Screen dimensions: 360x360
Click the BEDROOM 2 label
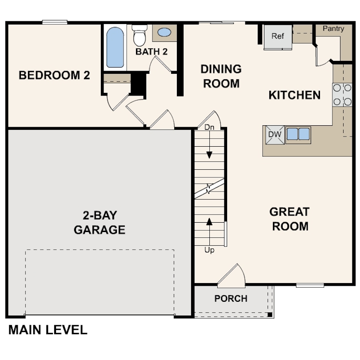tap(54, 75)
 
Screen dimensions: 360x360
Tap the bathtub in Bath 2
tap(115, 47)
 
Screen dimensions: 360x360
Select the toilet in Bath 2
tap(140, 35)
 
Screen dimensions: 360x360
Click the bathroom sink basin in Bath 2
tap(164, 32)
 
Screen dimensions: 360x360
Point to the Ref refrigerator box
tap(278, 36)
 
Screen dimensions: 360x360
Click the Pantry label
tap(333, 28)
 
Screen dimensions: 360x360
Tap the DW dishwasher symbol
tap(273, 135)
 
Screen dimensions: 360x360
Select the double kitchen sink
tap(298, 134)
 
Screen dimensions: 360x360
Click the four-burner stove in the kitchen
tap(342, 95)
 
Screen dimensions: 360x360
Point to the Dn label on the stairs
tap(209, 128)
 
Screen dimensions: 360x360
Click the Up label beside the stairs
tap(209, 250)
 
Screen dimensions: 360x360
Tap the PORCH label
tap(231, 299)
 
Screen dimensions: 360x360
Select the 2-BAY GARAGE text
tap(100, 223)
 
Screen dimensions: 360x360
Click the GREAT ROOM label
tap(290, 219)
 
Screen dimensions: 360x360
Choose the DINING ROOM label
tap(221, 76)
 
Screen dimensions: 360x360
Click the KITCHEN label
tap(294, 95)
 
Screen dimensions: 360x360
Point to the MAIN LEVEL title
tap(48, 330)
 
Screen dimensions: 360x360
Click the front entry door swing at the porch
tap(232, 275)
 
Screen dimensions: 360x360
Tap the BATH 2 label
tap(152, 52)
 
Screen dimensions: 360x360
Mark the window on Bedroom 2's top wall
tap(55, 22)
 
